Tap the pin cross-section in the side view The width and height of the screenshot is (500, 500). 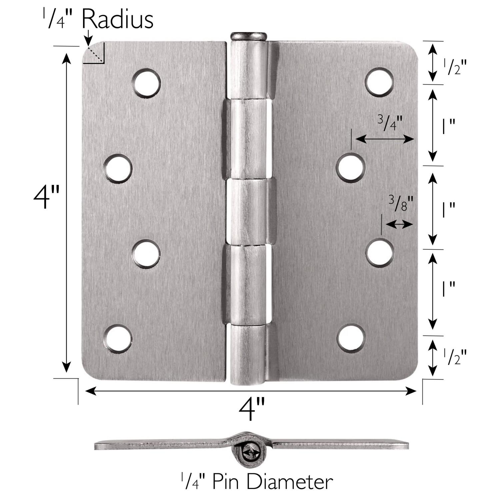pyautogui.click(x=251, y=453)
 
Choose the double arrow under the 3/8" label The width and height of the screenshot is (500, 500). pyautogui.click(x=399, y=224)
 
